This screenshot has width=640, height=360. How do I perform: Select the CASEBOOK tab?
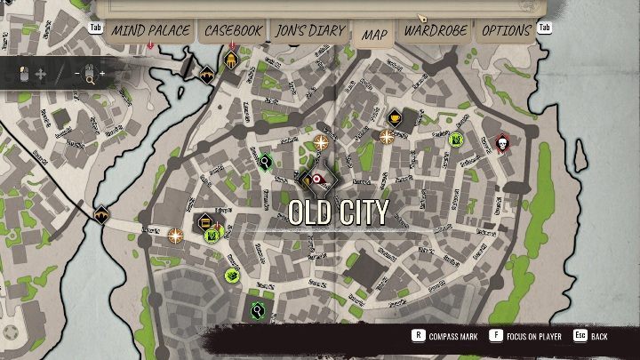tap(233, 30)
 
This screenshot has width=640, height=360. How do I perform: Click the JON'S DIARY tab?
tap(309, 30)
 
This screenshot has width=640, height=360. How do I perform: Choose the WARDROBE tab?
tap(436, 30)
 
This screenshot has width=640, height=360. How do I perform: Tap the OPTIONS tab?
tap(506, 30)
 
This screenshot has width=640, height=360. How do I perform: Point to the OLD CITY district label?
tap(338, 212)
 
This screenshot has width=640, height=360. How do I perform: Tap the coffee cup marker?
tap(395, 117)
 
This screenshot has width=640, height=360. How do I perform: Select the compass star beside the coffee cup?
tap(387, 136)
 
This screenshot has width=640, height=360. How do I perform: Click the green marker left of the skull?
tap(456, 139)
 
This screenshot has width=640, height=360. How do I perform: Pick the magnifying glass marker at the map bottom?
tap(257, 310)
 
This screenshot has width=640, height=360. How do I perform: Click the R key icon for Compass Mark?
tap(417, 336)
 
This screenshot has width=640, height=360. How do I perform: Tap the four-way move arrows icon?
tap(40, 75)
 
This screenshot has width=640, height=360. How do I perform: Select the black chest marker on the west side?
tap(205, 221)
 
